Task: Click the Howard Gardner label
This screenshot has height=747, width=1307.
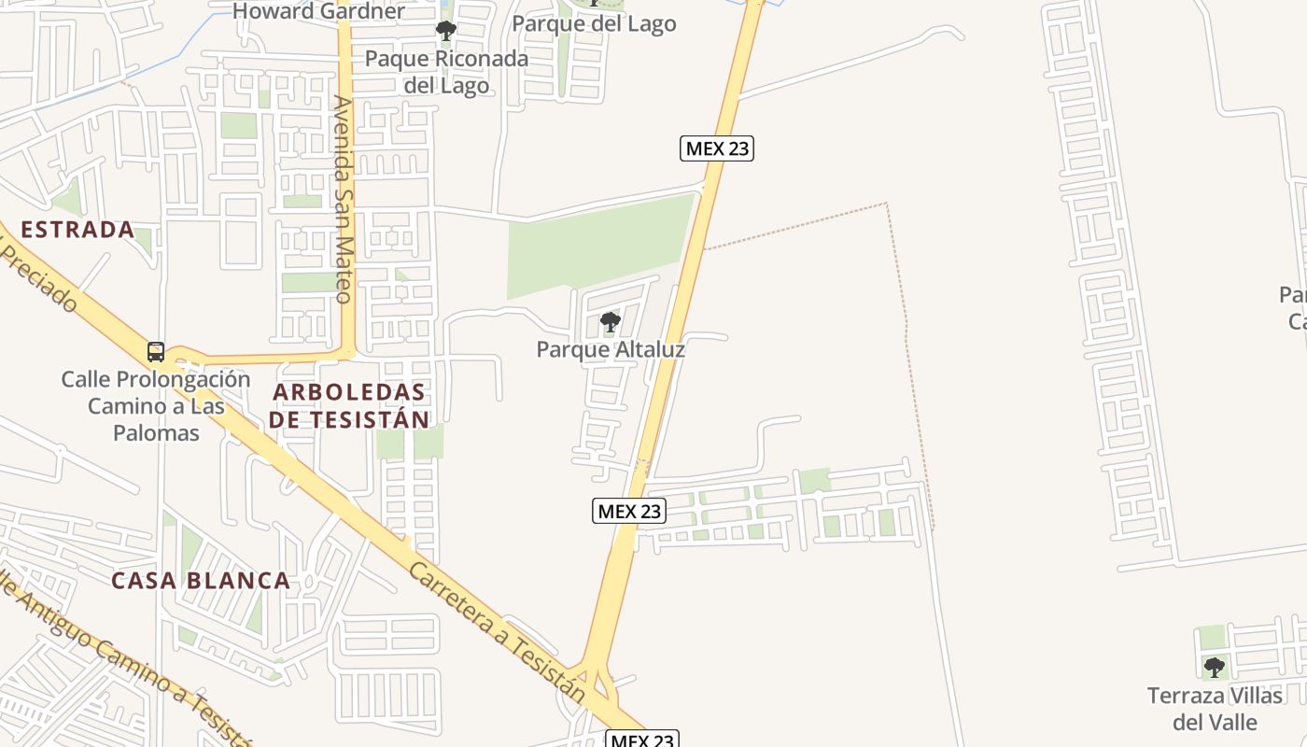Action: click(318, 11)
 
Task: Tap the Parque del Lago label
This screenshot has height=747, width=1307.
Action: click(594, 24)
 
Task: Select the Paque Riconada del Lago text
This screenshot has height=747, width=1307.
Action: click(446, 72)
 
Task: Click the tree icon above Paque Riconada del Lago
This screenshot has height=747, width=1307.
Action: click(446, 31)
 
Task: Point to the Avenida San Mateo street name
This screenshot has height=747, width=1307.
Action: click(344, 199)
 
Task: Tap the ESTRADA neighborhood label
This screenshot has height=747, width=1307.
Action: click(77, 230)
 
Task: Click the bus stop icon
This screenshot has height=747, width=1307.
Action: click(156, 352)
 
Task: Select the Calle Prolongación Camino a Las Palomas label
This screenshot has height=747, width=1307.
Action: click(156, 406)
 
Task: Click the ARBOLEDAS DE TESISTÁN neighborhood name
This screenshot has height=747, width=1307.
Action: click(349, 406)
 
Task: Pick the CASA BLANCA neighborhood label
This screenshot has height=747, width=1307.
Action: click(201, 581)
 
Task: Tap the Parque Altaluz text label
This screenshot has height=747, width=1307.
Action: click(611, 350)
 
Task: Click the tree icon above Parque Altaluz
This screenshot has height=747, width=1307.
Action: click(611, 323)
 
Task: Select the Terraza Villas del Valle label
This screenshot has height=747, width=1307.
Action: click(1215, 709)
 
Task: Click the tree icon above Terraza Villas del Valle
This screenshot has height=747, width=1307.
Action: click(1214, 668)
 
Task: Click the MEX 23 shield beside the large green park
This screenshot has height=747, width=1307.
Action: click(716, 148)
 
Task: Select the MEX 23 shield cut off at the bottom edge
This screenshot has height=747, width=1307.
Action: click(641, 740)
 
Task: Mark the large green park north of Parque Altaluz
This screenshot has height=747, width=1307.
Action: click(597, 245)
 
